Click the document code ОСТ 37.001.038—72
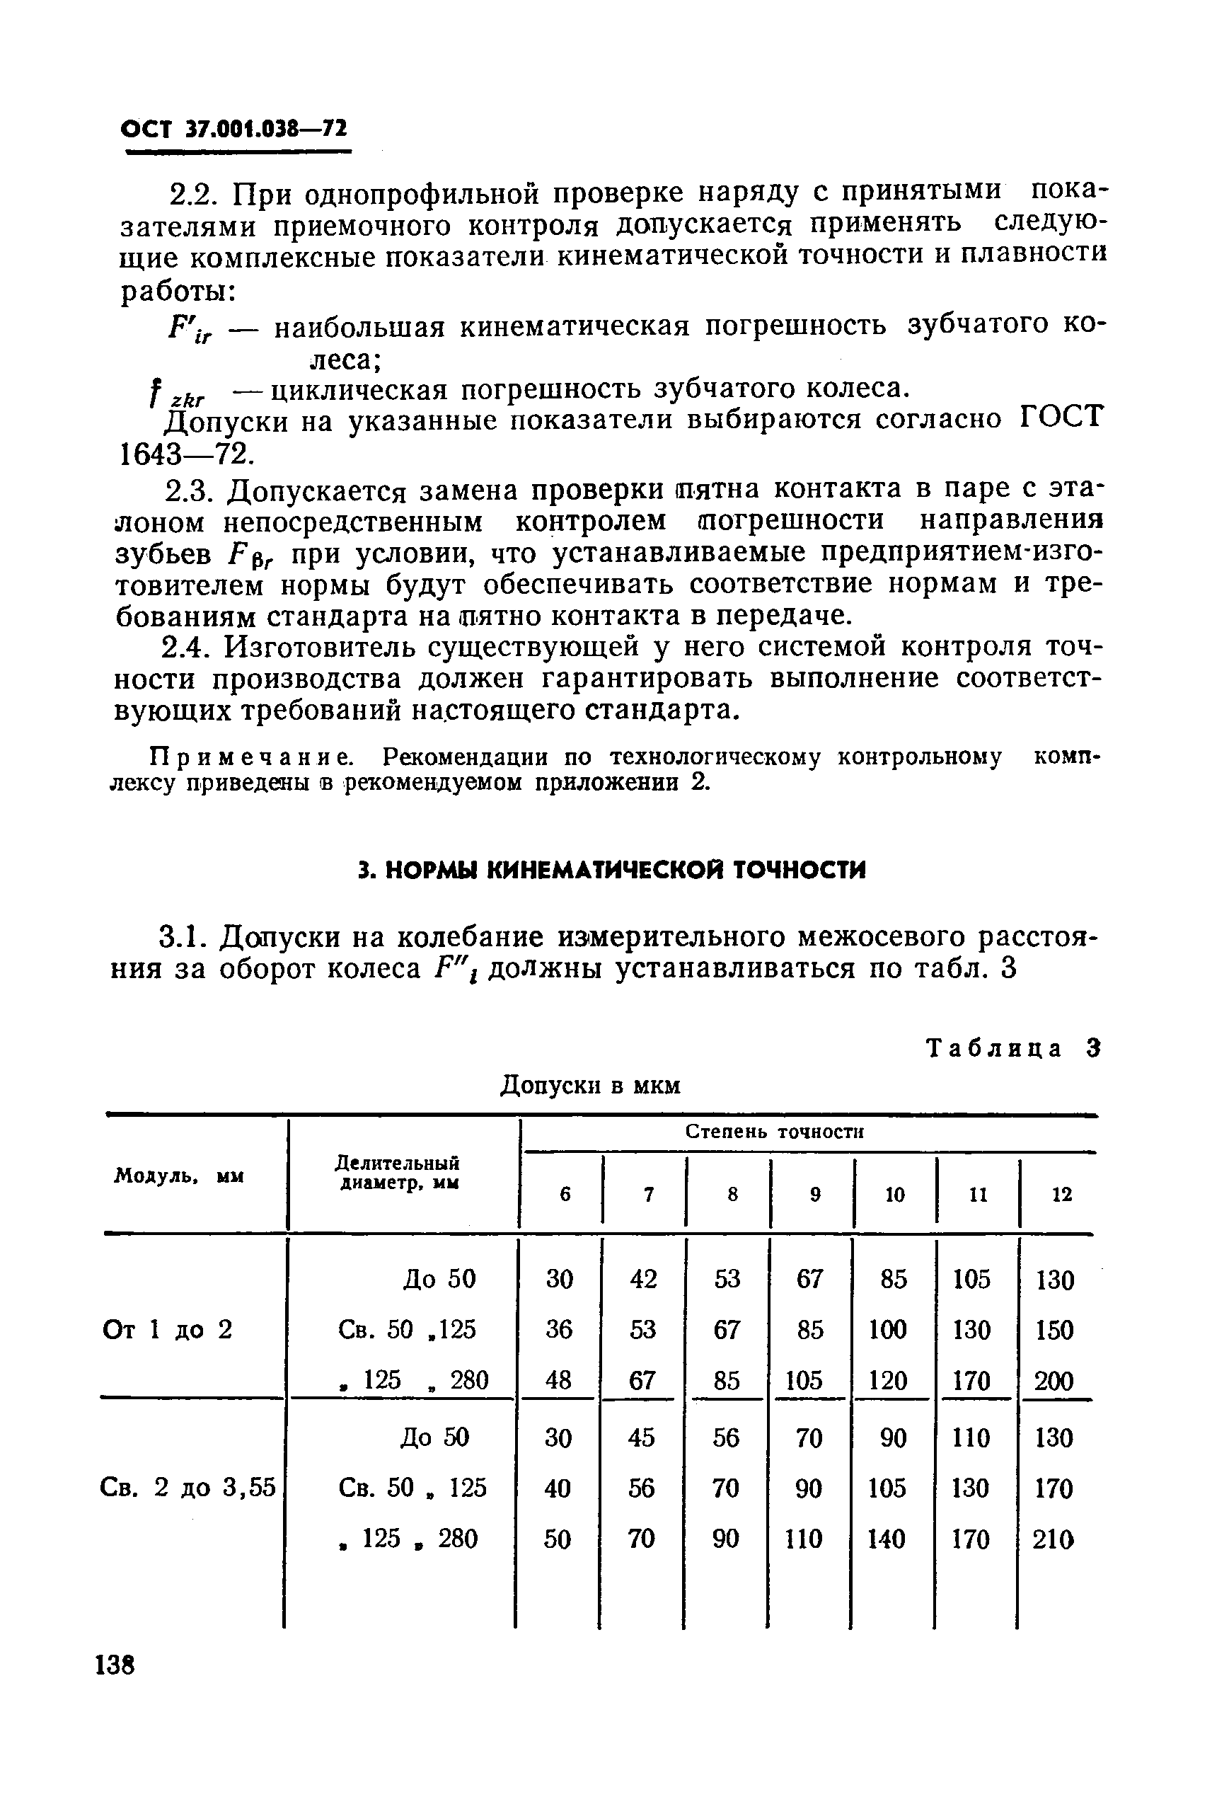(x=234, y=129)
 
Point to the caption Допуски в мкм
(x=591, y=1086)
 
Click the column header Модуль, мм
(x=179, y=1176)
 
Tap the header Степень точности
(x=775, y=1131)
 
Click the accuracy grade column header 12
(x=1061, y=1195)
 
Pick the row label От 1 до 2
(x=167, y=1329)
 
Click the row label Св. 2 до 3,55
(x=187, y=1487)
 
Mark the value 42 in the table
(x=643, y=1279)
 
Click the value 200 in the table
(x=1054, y=1381)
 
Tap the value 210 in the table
(x=1054, y=1539)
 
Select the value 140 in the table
(x=887, y=1539)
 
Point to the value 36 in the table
(x=559, y=1329)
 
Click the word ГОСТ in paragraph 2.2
(x=1060, y=418)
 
